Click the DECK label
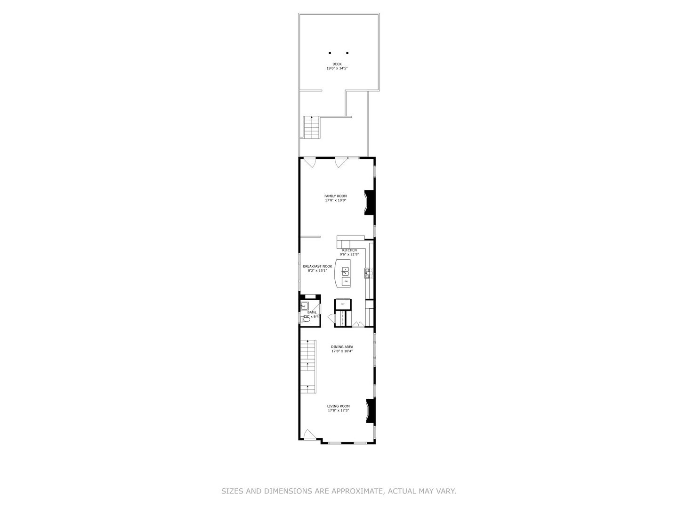coord(337,64)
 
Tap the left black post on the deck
coord(330,53)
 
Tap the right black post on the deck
coord(347,53)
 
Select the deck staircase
coord(312,127)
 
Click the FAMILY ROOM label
coord(335,196)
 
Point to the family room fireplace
coord(370,203)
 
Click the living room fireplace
coord(371,410)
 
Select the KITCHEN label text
coord(349,250)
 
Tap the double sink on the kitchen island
coord(346,271)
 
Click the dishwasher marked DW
coord(346,281)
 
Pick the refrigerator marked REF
coord(343,304)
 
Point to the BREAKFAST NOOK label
coord(317,266)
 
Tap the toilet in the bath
coord(306,319)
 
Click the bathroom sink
coord(305,305)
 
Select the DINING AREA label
coord(342,347)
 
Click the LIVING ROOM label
coord(339,406)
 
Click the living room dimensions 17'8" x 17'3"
coord(339,410)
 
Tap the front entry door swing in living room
coord(309,435)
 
